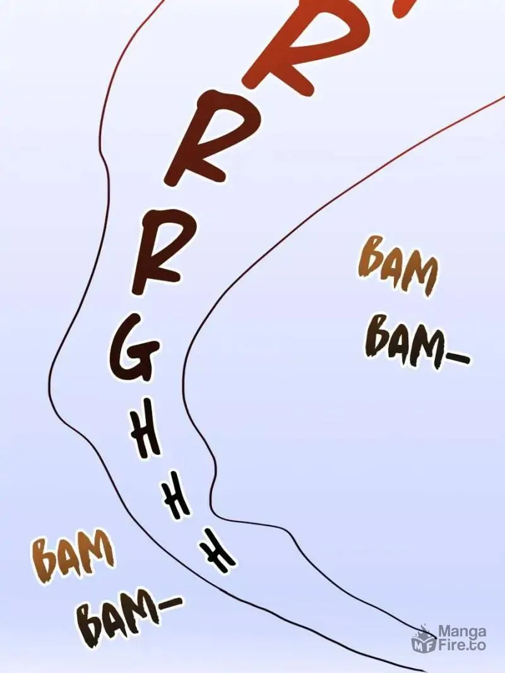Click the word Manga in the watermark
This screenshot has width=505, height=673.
(x=462, y=632)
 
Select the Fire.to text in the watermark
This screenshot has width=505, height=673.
(x=461, y=645)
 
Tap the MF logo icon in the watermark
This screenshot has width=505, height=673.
(x=424, y=640)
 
